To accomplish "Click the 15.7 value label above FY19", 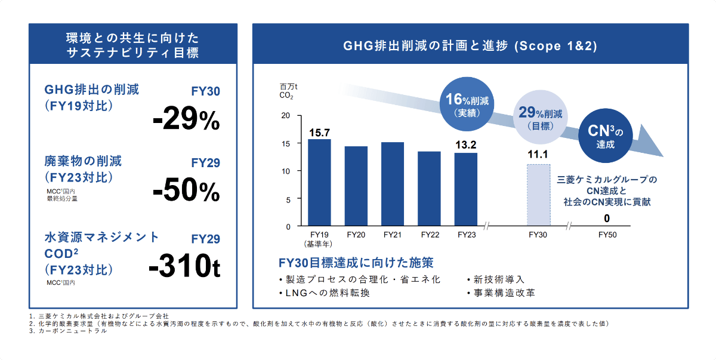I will (319, 132).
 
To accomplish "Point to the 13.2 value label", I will (466, 145).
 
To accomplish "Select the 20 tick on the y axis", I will (286, 116).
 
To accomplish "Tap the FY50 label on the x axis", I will (607, 235).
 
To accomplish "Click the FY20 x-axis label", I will (356, 235).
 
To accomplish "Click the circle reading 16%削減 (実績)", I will (467, 104).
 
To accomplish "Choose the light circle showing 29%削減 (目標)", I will (539, 118).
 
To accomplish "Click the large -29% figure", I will (186, 119).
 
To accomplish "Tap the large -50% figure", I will (186, 190).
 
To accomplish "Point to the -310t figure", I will (184, 268).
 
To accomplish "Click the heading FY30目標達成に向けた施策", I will (356, 263).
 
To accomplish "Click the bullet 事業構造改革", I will (502, 293).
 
